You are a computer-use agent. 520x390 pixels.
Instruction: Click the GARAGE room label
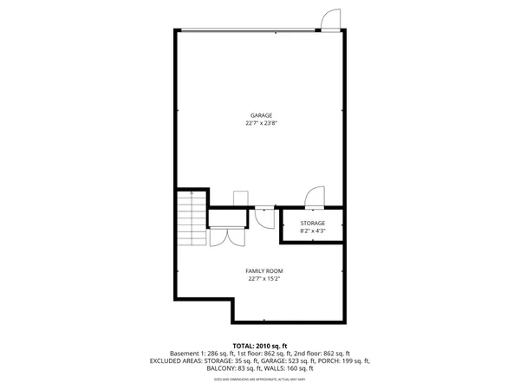(261, 115)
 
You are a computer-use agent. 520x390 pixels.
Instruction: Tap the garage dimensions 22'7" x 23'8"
(261, 123)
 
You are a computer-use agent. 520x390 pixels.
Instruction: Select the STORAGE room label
(313, 224)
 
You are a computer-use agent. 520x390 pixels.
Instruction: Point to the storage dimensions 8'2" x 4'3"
(313, 231)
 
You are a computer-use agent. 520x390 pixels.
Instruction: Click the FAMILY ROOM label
(265, 271)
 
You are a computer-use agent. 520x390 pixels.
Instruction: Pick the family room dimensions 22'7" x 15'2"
(265, 279)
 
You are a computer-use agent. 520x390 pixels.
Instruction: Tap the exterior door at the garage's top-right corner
(330, 19)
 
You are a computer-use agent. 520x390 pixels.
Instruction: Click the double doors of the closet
(227, 236)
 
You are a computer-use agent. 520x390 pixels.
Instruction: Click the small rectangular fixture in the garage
(240, 199)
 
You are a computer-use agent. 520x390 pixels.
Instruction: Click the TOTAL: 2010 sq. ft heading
(261, 345)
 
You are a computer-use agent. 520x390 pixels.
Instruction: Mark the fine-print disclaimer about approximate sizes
(261, 380)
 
